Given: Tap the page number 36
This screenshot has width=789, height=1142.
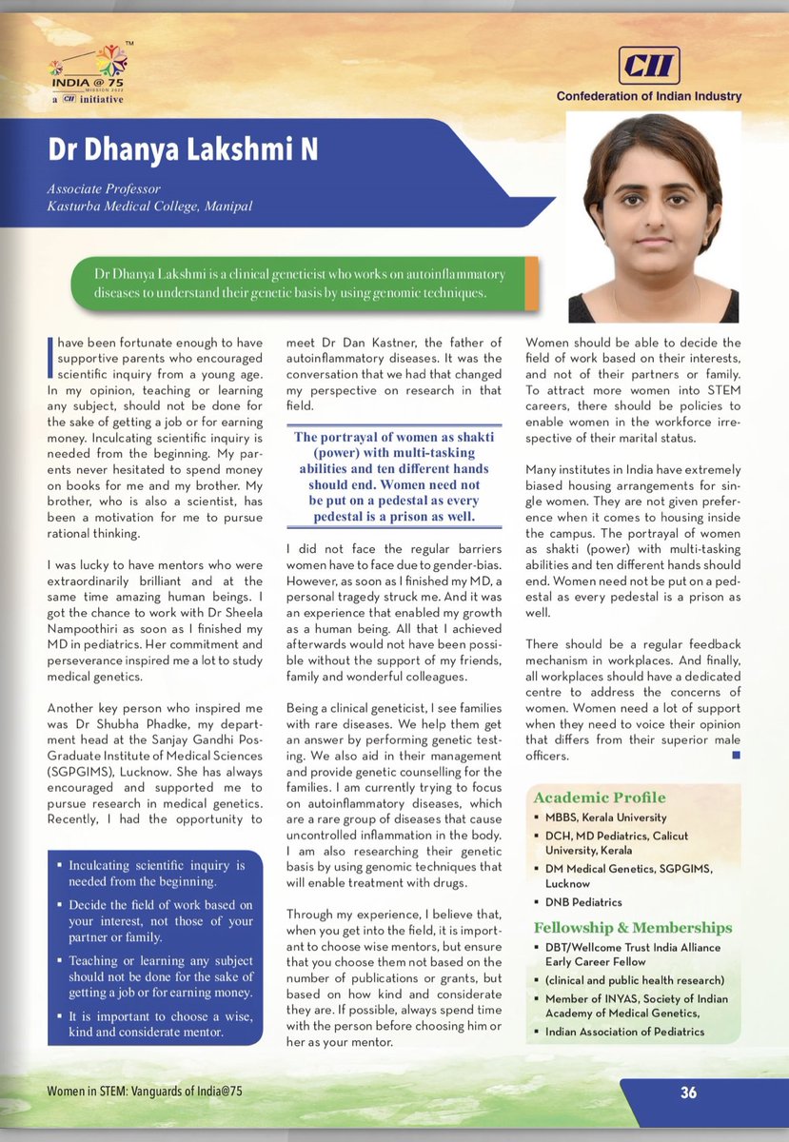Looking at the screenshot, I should pyautogui.click(x=688, y=1093).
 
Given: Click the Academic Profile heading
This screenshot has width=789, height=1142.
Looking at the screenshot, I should pyautogui.click(x=600, y=797).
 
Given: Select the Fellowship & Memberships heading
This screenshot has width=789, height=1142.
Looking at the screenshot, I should pyautogui.click(x=633, y=927).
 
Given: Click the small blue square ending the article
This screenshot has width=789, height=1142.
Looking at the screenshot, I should pyautogui.click(x=735, y=755).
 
